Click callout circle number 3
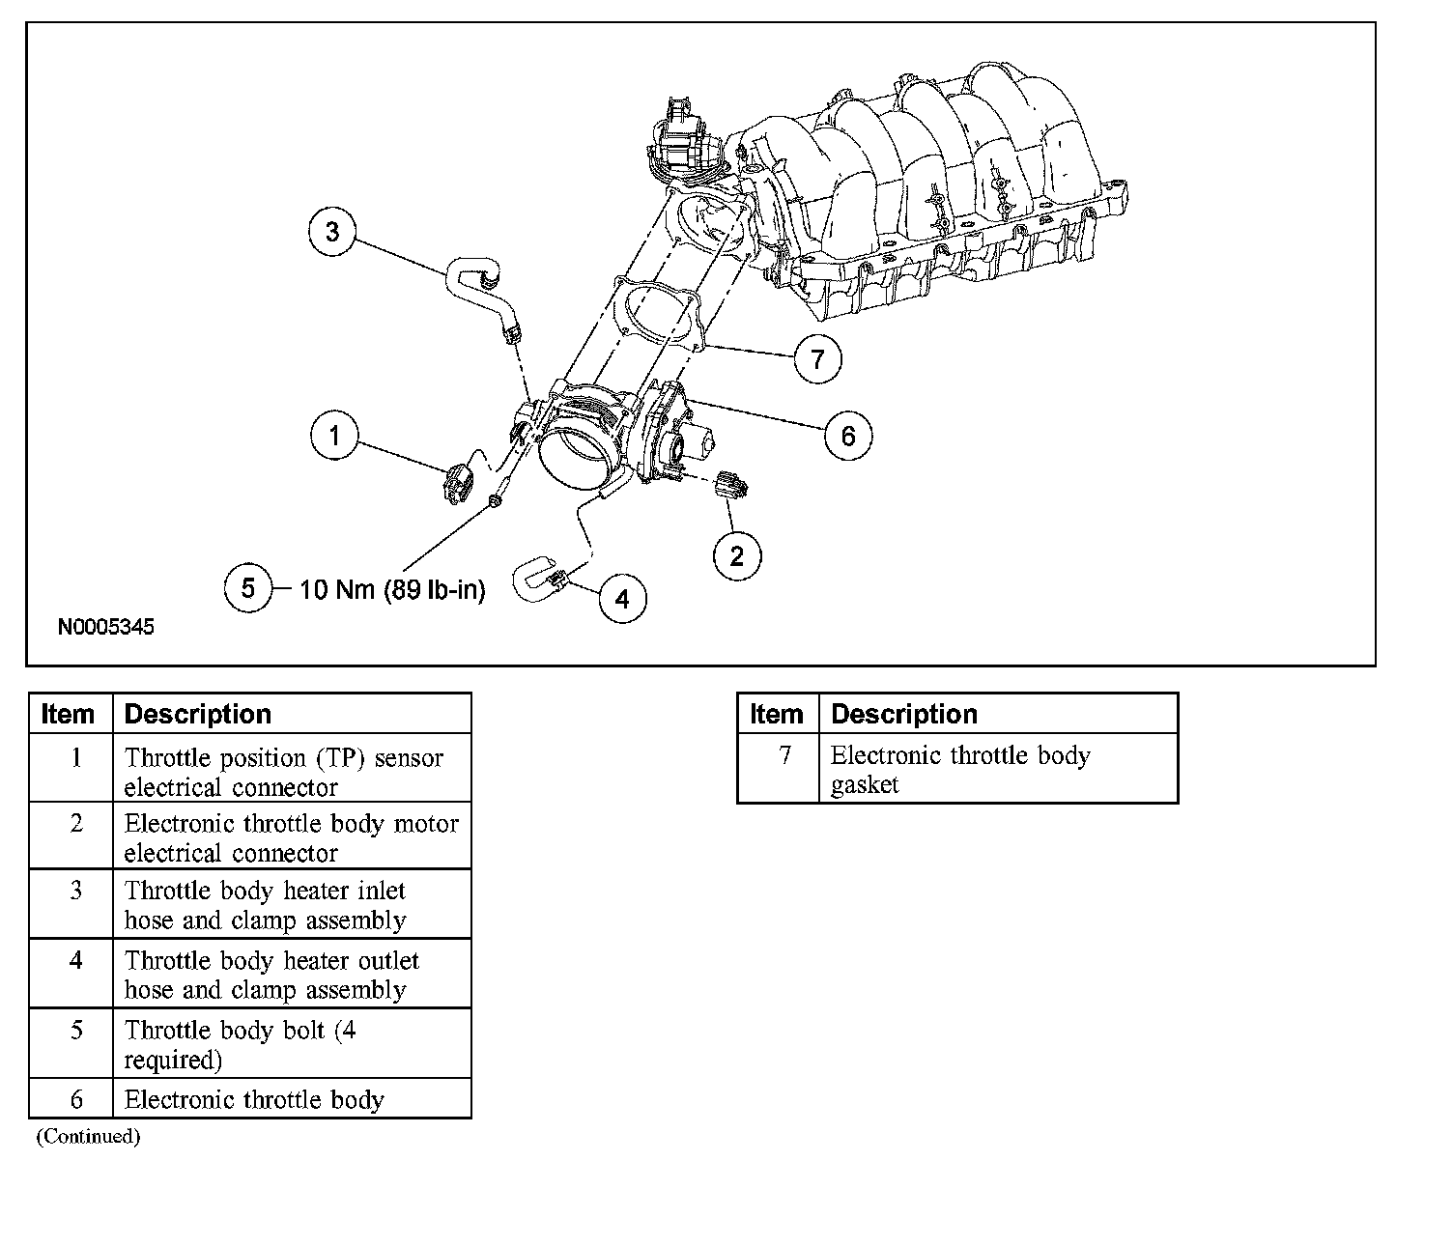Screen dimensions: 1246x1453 coord(332,232)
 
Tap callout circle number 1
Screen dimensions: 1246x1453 coord(334,436)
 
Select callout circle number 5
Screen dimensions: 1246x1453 coord(248,587)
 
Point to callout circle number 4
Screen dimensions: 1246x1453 coord(622,599)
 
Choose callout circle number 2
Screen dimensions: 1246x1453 coord(737,555)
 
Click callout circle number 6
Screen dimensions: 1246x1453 coord(847,436)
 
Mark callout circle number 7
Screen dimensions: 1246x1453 coord(817,359)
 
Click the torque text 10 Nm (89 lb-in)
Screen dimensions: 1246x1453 coord(392,589)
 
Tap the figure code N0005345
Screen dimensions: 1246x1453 coord(106,627)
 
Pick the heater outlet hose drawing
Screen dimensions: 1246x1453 coord(536,577)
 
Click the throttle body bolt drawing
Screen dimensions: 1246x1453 coord(495,501)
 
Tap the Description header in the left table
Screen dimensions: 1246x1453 coord(198,715)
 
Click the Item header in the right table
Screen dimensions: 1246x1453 coord(777,715)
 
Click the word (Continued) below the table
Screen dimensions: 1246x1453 coord(88,1137)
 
